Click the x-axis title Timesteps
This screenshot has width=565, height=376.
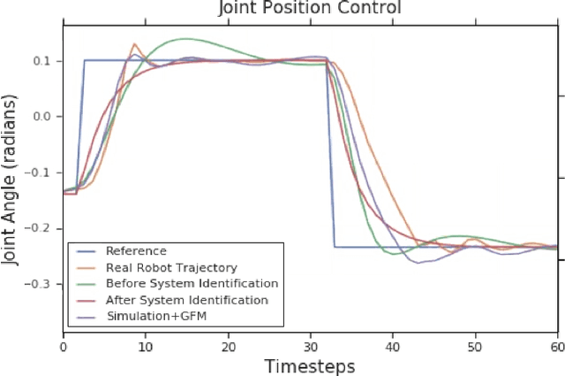point(312,365)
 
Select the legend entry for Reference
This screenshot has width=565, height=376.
point(135,250)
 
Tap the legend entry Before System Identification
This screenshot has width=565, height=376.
point(192,283)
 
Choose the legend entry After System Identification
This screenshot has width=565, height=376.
point(186,300)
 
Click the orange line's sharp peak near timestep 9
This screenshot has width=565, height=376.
point(134,43)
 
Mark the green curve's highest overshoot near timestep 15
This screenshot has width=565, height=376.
point(185,39)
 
